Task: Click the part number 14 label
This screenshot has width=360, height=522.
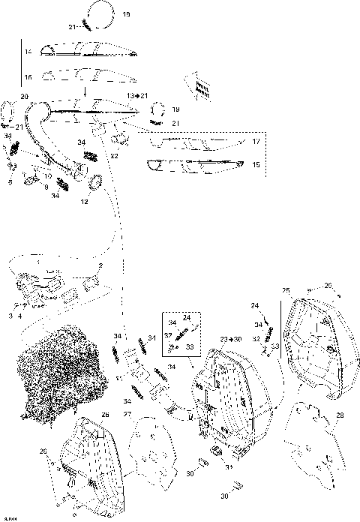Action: pos(27,52)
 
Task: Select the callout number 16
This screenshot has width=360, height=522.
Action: pos(27,77)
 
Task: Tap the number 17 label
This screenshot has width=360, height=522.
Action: pos(256,141)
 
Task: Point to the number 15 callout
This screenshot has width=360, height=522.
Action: pos(256,164)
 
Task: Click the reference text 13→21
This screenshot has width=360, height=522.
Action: pos(137,96)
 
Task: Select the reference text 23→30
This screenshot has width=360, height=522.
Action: pos(231,340)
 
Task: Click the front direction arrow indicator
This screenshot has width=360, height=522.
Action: pos(199,87)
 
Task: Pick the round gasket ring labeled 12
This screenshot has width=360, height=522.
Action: pos(97,182)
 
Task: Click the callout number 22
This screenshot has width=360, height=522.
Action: pos(115,155)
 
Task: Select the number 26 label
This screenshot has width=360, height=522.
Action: pos(105,414)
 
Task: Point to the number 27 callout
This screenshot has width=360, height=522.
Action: pos(127,414)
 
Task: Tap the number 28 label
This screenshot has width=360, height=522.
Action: pos(340,415)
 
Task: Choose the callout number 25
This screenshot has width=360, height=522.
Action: pos(286,289)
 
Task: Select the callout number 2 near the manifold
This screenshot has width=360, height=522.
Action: pos(100,266)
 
